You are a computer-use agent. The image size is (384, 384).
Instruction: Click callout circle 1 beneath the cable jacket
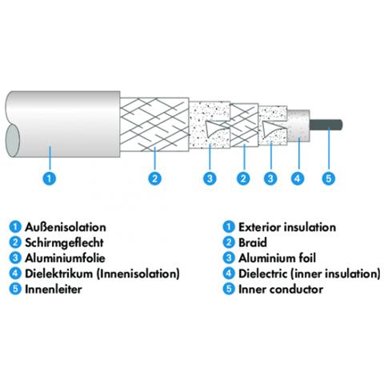(x=50, y=178)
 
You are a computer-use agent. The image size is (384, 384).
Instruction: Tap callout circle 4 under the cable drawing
(x=298, y=178)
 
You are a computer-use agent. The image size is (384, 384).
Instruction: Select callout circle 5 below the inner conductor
(x=329, y=178)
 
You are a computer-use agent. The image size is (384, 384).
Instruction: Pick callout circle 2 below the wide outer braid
(x=155, y=178)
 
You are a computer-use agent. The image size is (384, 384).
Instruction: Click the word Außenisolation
(x=66, y=227)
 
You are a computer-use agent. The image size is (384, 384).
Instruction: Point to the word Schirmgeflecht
(x=64, y=243)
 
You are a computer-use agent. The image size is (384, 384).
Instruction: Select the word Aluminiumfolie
(x=65, y=258)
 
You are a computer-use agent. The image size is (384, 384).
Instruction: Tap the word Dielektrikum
(x=58, y=274)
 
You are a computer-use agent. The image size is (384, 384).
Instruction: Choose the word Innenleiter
(x=54, y=289)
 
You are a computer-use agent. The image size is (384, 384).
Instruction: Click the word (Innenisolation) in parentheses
(x=138, y=274)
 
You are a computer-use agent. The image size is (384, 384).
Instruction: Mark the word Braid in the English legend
(x=253, y=242)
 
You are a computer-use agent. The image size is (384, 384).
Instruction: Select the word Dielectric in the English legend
(x=262, y=274)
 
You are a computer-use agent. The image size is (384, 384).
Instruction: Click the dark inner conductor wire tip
(x=341, y=125)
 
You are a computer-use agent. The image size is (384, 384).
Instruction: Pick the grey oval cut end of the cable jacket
(x=13, y=141)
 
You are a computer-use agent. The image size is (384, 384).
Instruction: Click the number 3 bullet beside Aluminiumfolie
(x=15, y=258)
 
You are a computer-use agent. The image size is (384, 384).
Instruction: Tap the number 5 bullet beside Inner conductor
(x=229, y=289)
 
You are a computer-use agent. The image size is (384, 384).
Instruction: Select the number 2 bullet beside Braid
(x=229, y=242)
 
